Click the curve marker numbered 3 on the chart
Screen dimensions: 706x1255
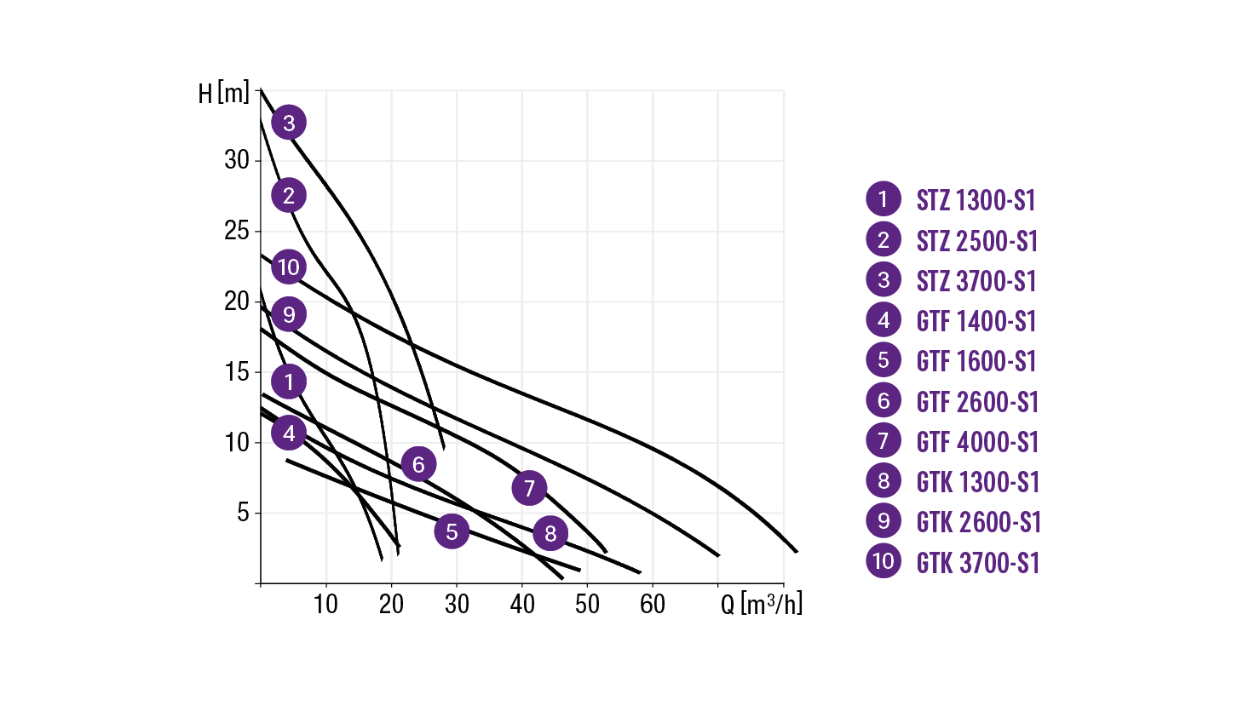click(289, 123)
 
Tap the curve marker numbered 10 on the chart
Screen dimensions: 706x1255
click(289, 267)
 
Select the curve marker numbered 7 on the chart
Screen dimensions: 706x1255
click(529, 488)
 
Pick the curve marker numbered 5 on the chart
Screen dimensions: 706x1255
click(452, 531)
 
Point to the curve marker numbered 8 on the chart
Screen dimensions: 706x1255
click(550, 533)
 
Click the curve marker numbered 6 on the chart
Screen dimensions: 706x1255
click(418, 464)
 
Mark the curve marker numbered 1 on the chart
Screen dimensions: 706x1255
click(289, 382)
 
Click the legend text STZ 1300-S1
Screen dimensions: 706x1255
click(976, 200)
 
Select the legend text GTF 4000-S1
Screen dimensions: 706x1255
click(977, 442)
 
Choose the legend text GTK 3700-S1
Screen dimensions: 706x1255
click(978, 563)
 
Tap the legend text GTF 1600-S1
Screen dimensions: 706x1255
click(976, 361)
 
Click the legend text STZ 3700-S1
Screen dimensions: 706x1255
click(976, 281)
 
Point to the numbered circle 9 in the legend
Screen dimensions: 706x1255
click(884, 521)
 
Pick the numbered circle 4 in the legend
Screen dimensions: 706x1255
click(884, 320)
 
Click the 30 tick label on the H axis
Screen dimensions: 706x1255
click(237, 160)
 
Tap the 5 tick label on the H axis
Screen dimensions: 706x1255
click(243, 513)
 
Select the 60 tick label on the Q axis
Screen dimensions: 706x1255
click(653, 605)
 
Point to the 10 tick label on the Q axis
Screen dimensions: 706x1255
click(325, 605)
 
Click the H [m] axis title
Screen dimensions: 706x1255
click(224, 93)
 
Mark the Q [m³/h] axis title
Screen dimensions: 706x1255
click(761, 604)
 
